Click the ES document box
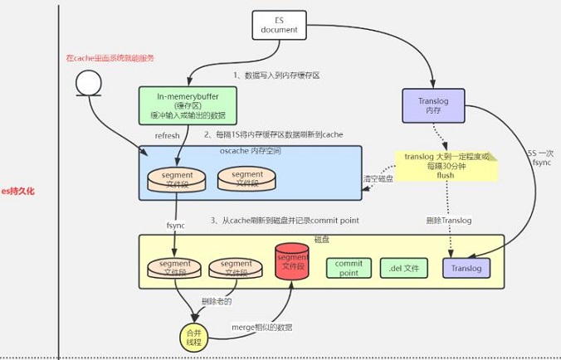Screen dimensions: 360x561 tap(274, 25)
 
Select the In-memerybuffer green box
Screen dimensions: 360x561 tap(183, 106)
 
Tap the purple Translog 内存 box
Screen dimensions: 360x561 tap(431, 105)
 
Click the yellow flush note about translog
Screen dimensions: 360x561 tap(447, 166)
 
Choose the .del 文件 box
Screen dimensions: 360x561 tap(404, 268)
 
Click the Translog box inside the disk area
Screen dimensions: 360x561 tap(467, 268)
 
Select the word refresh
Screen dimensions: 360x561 tap(168, 135)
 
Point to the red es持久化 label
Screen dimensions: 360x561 tap(18, 192)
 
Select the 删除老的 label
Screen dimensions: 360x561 tap(216, 300)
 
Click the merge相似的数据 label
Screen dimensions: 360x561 tap(261, 328)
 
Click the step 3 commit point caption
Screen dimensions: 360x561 tap(284, 220)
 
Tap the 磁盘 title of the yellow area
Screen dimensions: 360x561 tap(322, 240)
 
